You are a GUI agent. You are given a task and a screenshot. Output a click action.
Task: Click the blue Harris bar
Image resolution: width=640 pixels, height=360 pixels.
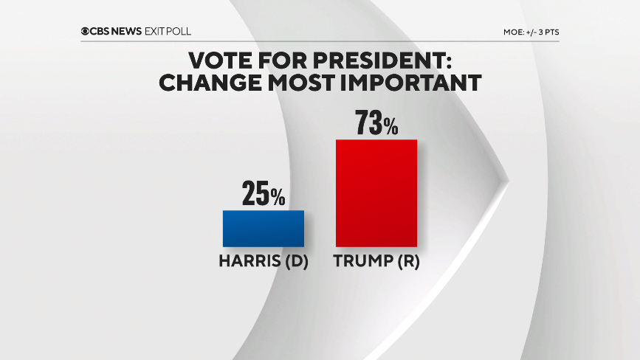point(263,229)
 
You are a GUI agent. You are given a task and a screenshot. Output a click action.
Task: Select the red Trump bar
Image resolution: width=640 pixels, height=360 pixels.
point(376,193)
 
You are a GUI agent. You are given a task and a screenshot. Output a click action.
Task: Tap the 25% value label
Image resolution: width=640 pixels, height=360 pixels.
point(263,195)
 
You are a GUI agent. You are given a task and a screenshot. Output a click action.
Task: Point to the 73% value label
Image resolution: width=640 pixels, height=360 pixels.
point(376,123)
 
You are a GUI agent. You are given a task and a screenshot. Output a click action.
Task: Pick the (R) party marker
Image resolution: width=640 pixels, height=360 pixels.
point(406,261)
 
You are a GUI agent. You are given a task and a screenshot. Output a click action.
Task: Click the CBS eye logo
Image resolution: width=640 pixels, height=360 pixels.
point(86,32)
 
